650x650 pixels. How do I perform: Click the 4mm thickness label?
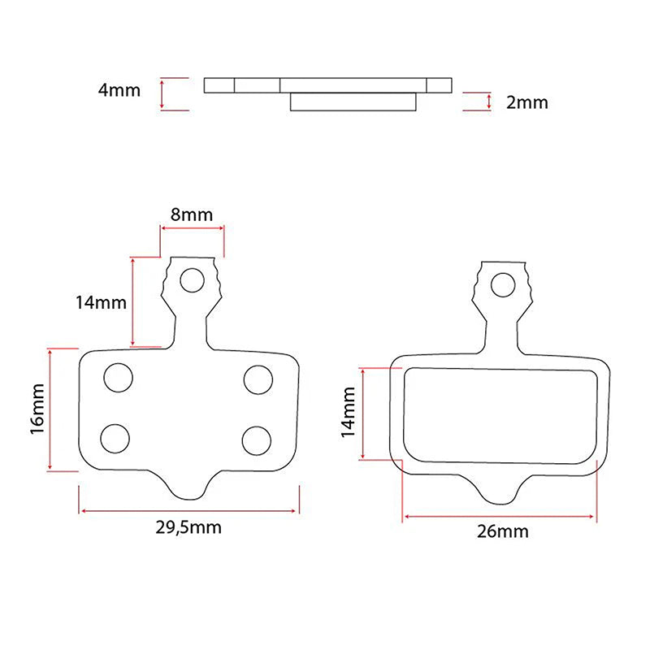tap(119, 90)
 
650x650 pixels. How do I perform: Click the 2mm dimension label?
tap(526, 102)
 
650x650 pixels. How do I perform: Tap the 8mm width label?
tap(192, 214)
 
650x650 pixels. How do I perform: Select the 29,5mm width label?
tap(188, 527)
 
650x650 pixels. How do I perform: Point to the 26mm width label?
tap(502, 531)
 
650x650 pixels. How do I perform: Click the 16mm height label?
tap(37, 409)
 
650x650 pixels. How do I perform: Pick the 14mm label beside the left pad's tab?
tap(101, 302)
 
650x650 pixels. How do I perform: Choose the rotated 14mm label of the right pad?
tap(349, 412)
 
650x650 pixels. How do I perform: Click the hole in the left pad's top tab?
tap(192, 280)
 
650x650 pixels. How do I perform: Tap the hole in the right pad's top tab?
tap(503, 285)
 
